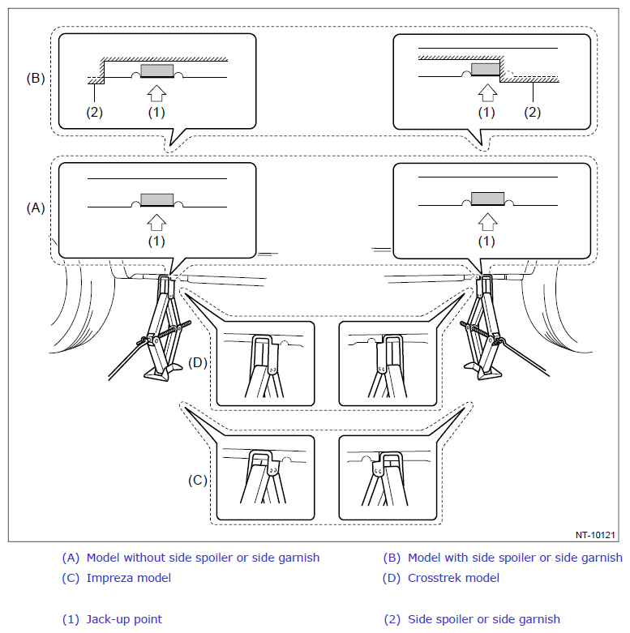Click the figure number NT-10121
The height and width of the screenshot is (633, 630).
(x=595, y=535)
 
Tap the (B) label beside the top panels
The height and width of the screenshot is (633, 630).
(x=36, y=78)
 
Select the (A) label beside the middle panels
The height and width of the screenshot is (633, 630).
(x=36, y=208)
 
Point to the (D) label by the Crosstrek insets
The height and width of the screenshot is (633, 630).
(x=198, y=362)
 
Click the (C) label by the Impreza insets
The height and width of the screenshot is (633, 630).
(x=198, y=480)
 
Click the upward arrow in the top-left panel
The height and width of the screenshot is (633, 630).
(x=156, y=93)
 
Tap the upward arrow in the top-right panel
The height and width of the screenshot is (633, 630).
(x=487, y=93)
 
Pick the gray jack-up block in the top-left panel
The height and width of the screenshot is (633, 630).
(x=157, y=71)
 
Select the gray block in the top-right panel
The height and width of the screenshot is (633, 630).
(x=486, y=69)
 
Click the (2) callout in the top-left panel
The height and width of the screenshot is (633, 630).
(x=95, y=112)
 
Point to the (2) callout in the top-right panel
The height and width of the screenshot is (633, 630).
(x=532, y=112)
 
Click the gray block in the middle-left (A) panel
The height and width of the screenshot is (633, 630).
(x=157, y=200)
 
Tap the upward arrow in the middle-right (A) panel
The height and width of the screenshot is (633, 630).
(x=487, y=221)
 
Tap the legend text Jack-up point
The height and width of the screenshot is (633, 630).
(x=124, y=619)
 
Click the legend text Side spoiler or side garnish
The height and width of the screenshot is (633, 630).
(x=484, y=619)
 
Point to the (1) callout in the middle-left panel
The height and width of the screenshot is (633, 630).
(x=156, y=242)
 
